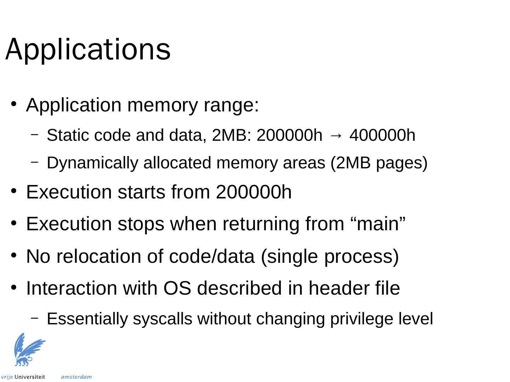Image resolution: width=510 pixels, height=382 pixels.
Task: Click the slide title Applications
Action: coord(88,50)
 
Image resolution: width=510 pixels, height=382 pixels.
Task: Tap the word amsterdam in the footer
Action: coord(76,377)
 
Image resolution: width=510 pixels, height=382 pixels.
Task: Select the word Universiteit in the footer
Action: coord(30,377)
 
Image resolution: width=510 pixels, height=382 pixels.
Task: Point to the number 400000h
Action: coord(382,135)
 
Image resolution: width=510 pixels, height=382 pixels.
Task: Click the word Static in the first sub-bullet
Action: coord(64,135)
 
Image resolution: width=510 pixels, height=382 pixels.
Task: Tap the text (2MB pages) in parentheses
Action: coord(379,163)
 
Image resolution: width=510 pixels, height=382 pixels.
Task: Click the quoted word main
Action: coord(375,224)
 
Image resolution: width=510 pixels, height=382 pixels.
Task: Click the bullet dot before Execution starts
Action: coord(13,191)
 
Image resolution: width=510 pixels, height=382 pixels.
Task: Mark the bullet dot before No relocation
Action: coord(13,255)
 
